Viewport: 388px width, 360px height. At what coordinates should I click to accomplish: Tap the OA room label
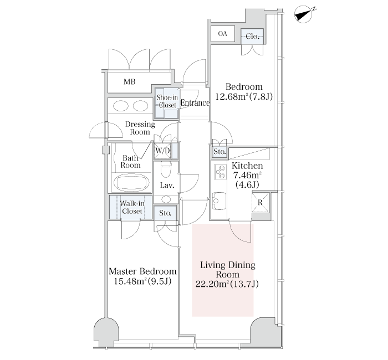tap(223, 34)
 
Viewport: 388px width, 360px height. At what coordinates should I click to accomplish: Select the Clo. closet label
tap(252, 37)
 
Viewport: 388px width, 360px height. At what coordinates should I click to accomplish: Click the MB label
tap(129, 82)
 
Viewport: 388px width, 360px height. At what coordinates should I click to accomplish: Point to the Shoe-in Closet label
tap(167, 101)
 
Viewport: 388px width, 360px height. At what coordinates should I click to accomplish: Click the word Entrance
tap(195, 103)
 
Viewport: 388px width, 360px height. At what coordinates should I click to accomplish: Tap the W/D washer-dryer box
tap(162, 151)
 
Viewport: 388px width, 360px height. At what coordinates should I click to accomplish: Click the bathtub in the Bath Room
tap(131, 183)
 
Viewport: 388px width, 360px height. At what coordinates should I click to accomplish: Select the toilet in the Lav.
tap(166, 169)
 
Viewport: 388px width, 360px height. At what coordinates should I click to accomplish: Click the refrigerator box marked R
tap(260, 203)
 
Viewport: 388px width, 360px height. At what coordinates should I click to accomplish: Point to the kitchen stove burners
tap(220, 172)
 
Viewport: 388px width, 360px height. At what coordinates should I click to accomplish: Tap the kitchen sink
tap(219, 200)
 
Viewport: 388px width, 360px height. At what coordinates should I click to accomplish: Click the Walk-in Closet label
tap(132, 207)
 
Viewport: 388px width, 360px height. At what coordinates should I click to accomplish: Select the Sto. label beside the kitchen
tap(219, 151)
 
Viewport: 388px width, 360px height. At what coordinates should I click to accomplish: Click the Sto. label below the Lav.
tap(165, 213)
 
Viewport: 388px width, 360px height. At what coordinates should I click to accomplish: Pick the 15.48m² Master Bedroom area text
tap(143, 281)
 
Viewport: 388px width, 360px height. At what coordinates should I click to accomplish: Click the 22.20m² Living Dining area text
tap(227, 284)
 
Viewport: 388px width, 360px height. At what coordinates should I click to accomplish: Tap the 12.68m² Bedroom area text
tap(244, 96)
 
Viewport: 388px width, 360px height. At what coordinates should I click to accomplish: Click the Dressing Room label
tap(140, 128)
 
